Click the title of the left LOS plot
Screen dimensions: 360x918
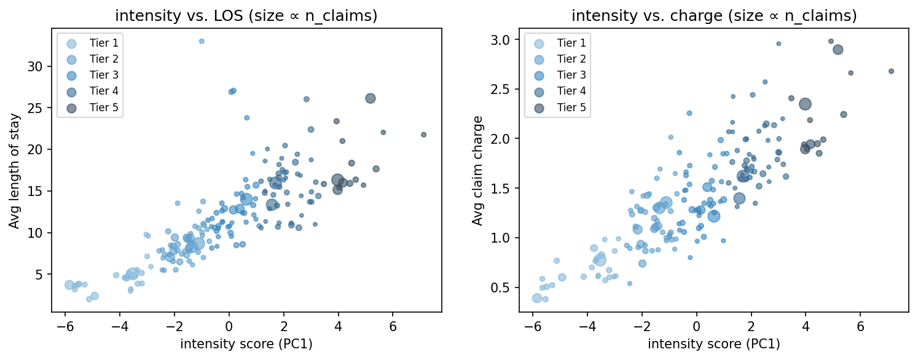click(x=246, y=16)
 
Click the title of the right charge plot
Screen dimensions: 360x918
click(x=714, y=16)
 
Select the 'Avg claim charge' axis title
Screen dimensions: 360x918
click(x=477, y=170)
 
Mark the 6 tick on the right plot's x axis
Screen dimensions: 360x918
click(x=860, y=326)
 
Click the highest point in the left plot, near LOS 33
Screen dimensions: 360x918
click(x=201, y=41)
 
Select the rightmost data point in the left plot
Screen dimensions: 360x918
click(x=423, y=135)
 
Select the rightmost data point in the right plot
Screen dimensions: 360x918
click(x=891, y=71)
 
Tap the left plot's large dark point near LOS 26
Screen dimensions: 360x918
click(x=370, y=98)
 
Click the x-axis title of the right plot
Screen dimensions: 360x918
click(x=714, y=344)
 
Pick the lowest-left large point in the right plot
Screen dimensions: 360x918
click(x=537, y=298)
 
